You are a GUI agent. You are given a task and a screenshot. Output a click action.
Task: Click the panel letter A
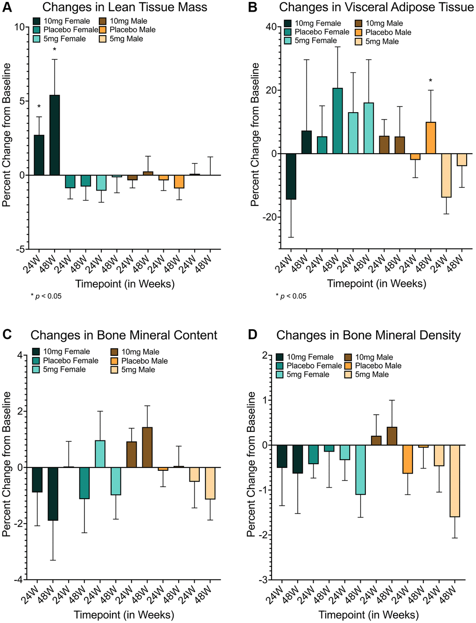7,7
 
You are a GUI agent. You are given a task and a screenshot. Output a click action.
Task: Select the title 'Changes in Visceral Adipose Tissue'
376,7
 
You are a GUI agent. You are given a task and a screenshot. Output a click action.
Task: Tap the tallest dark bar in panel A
55,135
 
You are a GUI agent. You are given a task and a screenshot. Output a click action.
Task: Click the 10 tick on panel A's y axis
20,27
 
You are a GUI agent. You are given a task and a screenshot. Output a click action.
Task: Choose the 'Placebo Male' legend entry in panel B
383,32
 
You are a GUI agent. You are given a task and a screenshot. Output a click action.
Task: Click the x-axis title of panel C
125,615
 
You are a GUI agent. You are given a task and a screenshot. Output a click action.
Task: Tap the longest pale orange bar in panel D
455,481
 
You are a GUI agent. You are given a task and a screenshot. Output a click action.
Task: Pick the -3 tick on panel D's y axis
264,580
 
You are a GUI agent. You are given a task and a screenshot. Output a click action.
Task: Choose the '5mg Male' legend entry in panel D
366,375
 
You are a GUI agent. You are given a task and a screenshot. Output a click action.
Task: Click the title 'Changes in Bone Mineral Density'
368,335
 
